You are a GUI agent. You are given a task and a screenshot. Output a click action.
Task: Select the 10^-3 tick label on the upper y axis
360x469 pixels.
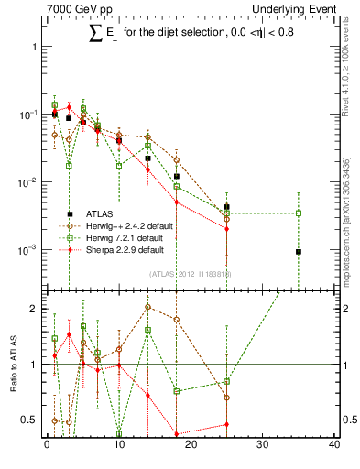tap(27, 250)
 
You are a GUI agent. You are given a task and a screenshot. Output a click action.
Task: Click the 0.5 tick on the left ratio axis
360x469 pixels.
tap(28, 420)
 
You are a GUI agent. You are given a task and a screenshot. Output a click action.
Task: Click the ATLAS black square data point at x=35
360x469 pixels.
tap(299, 252)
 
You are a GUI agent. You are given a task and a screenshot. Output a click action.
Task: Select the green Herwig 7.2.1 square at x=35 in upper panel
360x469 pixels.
tap(299, 213)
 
